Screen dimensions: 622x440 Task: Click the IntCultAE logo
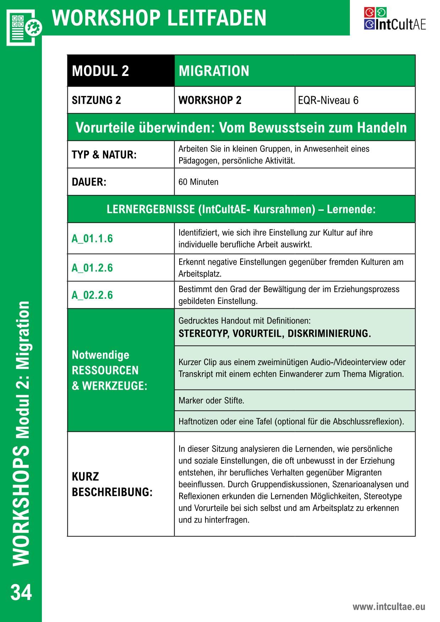point(394,19)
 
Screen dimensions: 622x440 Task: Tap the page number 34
point(21,592)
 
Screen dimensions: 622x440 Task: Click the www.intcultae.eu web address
point(389,606)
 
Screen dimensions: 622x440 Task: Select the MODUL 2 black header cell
point(121,71)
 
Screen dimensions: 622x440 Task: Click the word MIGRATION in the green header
point(214,71)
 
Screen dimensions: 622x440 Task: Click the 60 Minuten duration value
point(198,182)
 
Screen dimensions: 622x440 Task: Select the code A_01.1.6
point(92,238)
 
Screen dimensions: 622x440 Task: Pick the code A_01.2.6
point(92,268)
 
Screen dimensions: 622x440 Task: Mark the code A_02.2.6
point(92,295)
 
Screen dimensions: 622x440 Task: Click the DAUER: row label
point(89,182)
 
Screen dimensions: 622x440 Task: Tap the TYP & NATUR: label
point(104,155)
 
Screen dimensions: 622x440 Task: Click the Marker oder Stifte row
point(211,401)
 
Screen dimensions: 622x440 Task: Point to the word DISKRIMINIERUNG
point(329,334)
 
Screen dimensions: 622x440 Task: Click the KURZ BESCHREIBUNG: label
point(112,484)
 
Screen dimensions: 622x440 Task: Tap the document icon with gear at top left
point(23,26)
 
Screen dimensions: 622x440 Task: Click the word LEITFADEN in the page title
point(216,18)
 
